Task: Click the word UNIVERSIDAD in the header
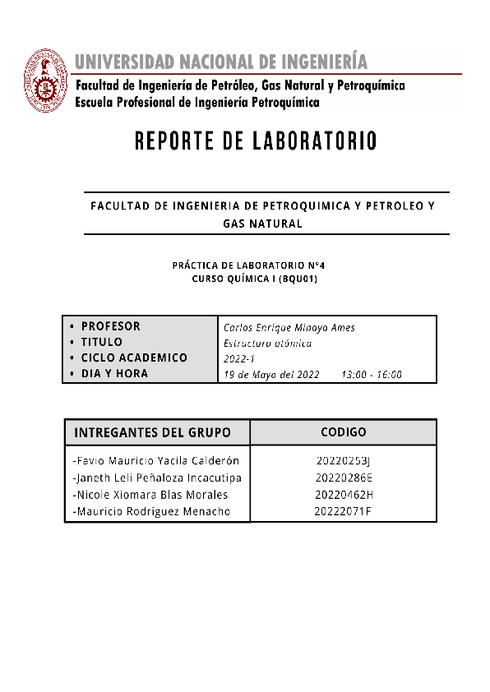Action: tap(124, 62)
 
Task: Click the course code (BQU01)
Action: tap(298, 279)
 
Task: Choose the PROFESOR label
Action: tap(110, 326)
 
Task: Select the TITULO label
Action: tap(101, 342)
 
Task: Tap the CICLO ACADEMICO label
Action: tap(134, 358)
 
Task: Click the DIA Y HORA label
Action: tap(114, 373)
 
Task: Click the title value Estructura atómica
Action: tap(267, 343)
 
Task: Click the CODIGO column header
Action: tap(343, 432)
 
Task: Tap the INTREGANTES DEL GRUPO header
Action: tap(152, 433)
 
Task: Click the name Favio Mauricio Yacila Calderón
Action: tap(155, 460)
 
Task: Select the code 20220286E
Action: tap(344, 477)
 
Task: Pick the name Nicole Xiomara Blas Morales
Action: tap(150, 495)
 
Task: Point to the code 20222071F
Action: tap(343, 512)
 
